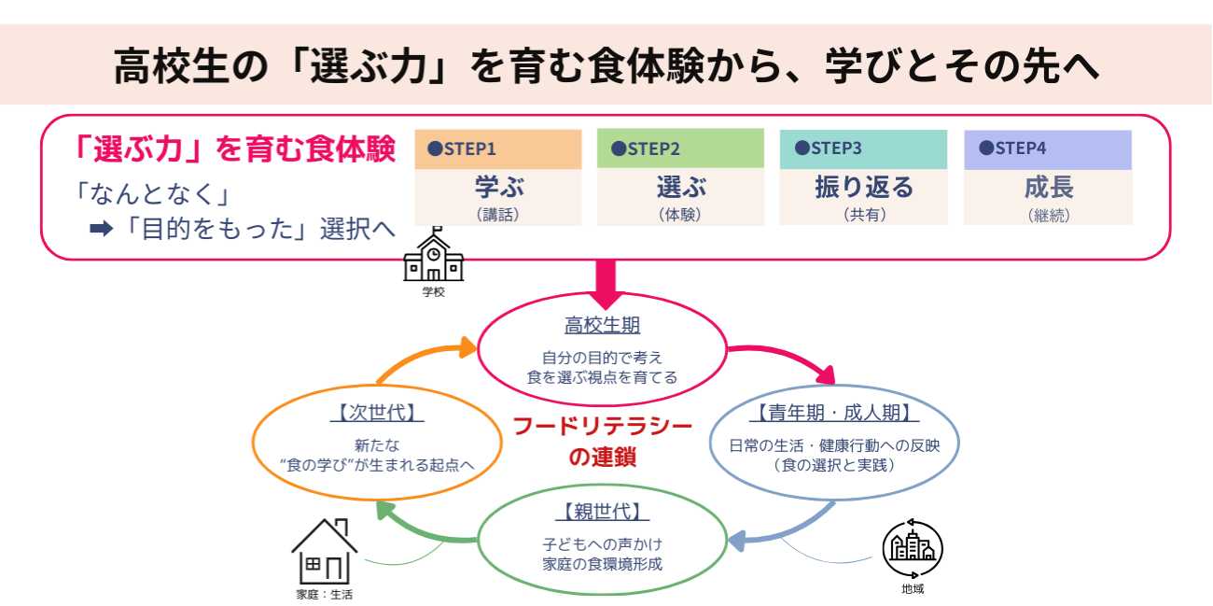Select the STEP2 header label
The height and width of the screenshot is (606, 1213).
click(x=646, y=149)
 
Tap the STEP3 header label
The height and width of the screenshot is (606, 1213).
click(x=829, y=149)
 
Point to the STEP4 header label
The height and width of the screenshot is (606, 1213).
click(x=1012, y=149)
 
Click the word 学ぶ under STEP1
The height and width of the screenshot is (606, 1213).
click(x=499, y=188)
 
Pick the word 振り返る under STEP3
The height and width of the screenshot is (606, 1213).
click(x=864, y=188)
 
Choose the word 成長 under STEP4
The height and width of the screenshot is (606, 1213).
click(x=1049, y=188)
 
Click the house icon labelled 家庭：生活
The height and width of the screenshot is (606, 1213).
click(x=324, y=552)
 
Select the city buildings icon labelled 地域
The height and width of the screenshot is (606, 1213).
click(x=912, y=549)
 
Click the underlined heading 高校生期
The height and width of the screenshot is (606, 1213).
click(x=602, y=326)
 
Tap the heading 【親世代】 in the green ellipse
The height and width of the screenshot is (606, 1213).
click(x=602, y=512)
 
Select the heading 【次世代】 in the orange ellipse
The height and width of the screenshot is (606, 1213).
click(x=370, y=413)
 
